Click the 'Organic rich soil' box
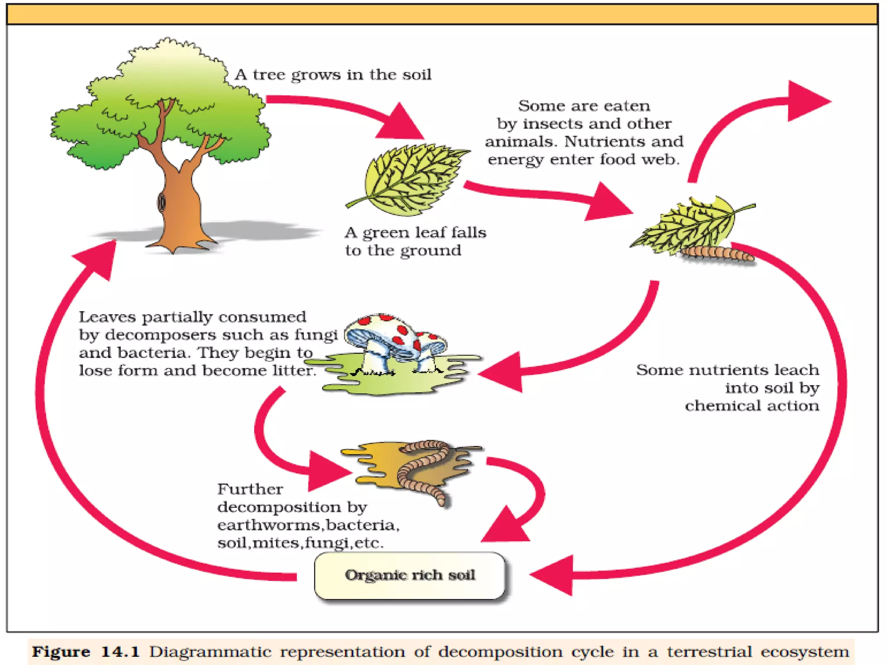click(x=410, y=575)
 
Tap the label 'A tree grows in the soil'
click(x=333, y=75)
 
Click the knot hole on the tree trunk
click(x=162, y=202)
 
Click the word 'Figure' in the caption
click(x=61, y=652)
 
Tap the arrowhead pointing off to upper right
click(x=806, y=101)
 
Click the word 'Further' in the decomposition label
click(x=250, y=489)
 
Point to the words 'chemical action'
click(x=752, y=406)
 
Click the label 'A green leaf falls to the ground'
click(x=415, y=241)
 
